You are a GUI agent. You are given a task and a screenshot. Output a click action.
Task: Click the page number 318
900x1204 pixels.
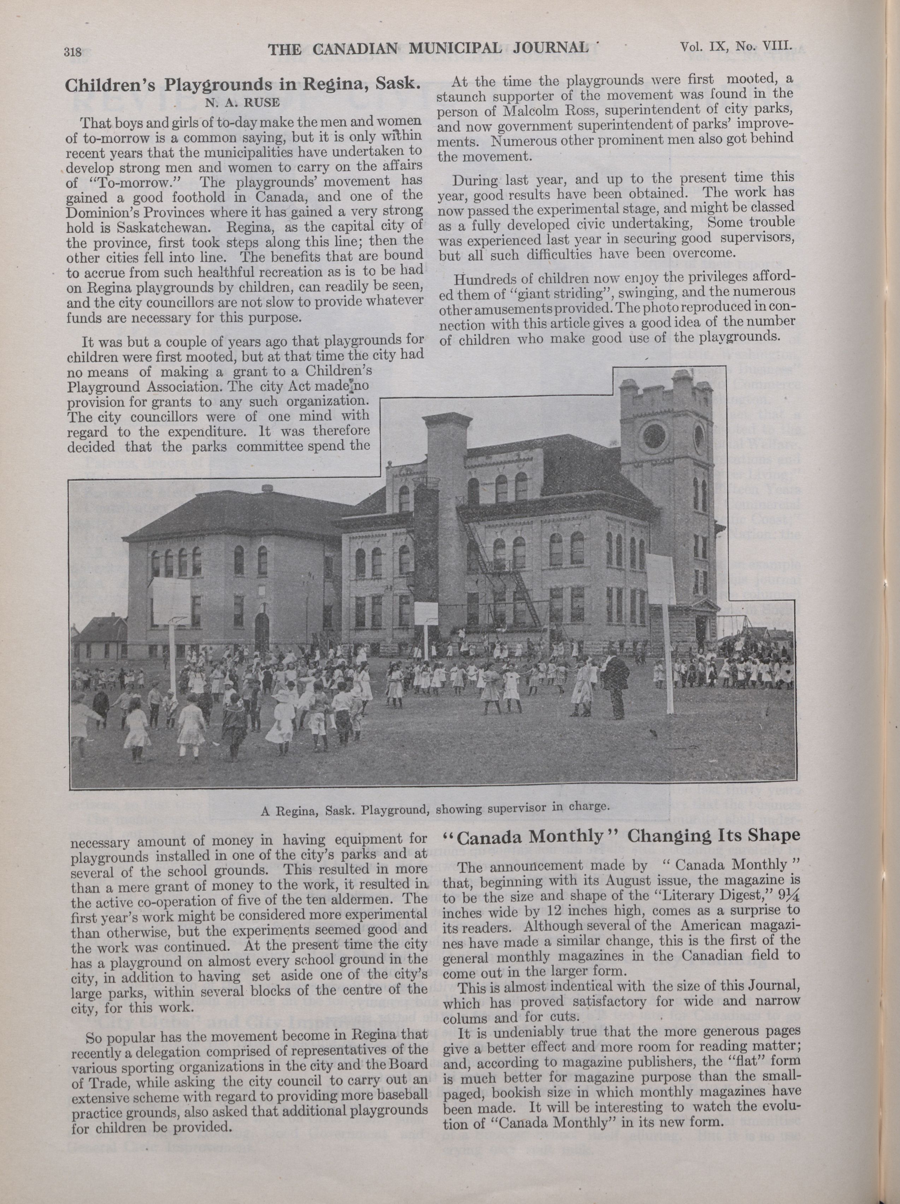coord(72,52)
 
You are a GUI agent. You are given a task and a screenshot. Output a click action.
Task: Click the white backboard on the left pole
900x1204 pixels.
coord(170,596)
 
